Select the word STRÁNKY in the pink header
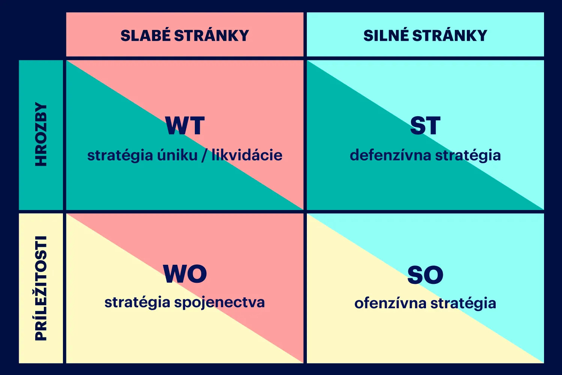[x=212, y=35]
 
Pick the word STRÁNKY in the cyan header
[x=450, y=35]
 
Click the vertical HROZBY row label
[x=41, y=134]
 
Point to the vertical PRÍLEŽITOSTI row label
[x=41, y=288]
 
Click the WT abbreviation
[x=185, y=126]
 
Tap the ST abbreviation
[x=425, y=126]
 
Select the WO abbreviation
[x=185, y=274]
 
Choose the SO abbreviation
[x=425, y=275]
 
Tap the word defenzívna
[x=390, y=155]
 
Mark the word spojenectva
[x=220, y=303]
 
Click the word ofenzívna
[x=390, y=303]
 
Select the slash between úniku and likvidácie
[x=205, y=155]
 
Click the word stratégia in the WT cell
[x=120, y=156]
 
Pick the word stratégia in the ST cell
[x=468, y=156]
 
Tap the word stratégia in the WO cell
[x=137, y=302]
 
